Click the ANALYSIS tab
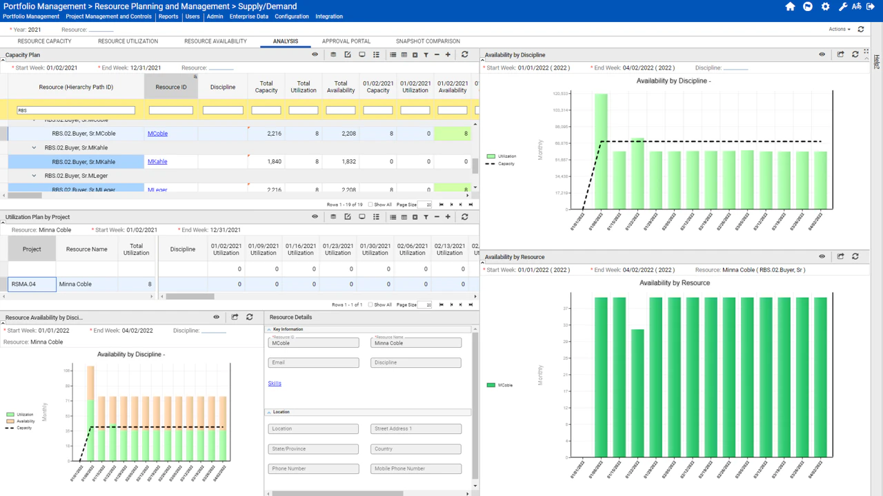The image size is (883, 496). [x=285, y=41]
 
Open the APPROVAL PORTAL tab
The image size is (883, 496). [x=346, y=41]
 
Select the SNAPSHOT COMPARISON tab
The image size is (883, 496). [x=428, y=41]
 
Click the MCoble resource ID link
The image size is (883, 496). [x=157, y=134]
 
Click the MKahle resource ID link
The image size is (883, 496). [x=157, y=162]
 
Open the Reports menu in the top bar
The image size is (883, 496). [x=168, y=17]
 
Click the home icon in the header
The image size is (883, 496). [x=790, y=7]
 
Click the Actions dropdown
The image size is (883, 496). [x=840, y=30]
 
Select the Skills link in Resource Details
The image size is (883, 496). [x=275, y=384]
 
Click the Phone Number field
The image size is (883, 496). [x=313, y=468]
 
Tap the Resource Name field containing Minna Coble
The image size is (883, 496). [x=416, y=343]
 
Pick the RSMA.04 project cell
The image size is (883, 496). [x=32, y=284]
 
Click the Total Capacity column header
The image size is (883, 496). [x=266, y=87]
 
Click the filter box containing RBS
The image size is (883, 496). [x=76, y=110]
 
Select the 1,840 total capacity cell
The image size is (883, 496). [x=266, y=162]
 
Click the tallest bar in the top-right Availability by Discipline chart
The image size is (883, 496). [x=601, y=152]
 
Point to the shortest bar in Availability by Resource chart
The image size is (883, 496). [x=637, y=393]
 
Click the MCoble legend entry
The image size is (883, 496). [x=504, y=385]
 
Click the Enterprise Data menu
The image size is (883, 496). [x=248, y=17]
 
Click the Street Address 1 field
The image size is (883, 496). [x=416, y=428]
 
